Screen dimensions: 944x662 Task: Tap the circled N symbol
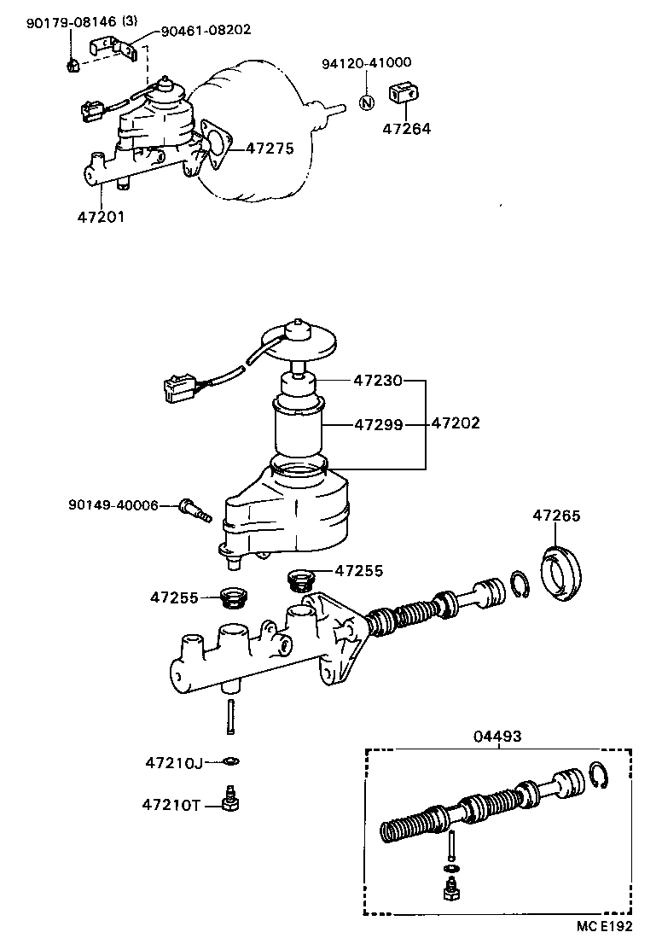pyautogui.click(x=366, y=102)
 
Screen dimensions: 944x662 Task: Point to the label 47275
pyautogui.click(x=270, y=149)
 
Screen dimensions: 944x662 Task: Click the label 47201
pyautogui.click(x=101, y=217)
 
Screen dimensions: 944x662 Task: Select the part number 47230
pyautogui.click(x=378, y=381)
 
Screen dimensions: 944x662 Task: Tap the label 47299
pyautogui.click(x=378, y=422)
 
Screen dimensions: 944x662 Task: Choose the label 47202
pyautogui.click(x=456, y=422)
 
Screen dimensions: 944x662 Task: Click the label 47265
pyautogui.click(x=556, y=516)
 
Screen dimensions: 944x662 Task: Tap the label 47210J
pyautogui.click(x=173, y=761)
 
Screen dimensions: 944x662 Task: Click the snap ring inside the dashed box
pyautogui.click(x=599, y=778)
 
